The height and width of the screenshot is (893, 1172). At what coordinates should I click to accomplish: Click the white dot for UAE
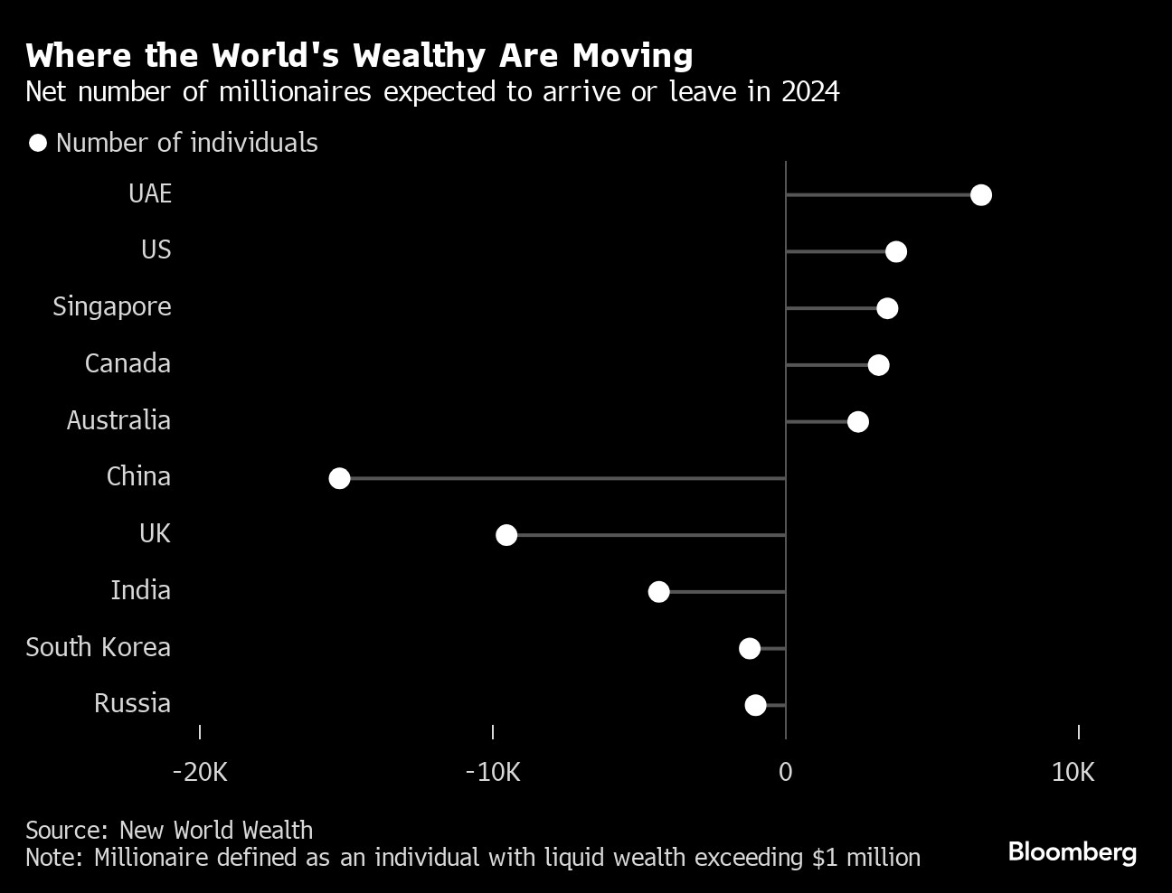[980, 195]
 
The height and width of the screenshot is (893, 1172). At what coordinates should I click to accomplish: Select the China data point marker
[339, 478]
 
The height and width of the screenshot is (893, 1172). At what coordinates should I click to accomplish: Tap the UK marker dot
[506, 535]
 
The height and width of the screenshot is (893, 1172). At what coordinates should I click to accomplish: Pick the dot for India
[658, 592]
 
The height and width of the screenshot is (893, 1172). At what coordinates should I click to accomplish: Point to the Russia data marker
[755, 705]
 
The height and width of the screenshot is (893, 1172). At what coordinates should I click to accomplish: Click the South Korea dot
[749, 648]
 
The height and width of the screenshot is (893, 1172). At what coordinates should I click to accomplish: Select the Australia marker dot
[857, 422]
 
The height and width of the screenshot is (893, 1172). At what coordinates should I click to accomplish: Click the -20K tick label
[200, 772]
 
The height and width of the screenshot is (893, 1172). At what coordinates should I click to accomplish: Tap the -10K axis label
[493, 772]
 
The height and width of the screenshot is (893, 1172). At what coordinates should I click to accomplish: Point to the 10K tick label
[1073, 772]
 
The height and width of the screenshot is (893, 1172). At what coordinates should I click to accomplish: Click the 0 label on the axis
[785, 772]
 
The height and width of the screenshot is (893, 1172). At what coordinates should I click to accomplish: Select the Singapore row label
[112, 306]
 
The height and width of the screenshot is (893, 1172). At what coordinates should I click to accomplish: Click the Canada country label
[128, 363]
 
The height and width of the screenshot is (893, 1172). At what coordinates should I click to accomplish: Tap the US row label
[156, 249]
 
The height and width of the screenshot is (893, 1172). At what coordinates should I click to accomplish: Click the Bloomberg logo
[1072, 851]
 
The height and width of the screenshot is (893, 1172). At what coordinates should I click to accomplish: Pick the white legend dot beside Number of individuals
[38, 144]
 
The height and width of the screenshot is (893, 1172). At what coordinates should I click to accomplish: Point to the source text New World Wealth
[216, 830]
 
